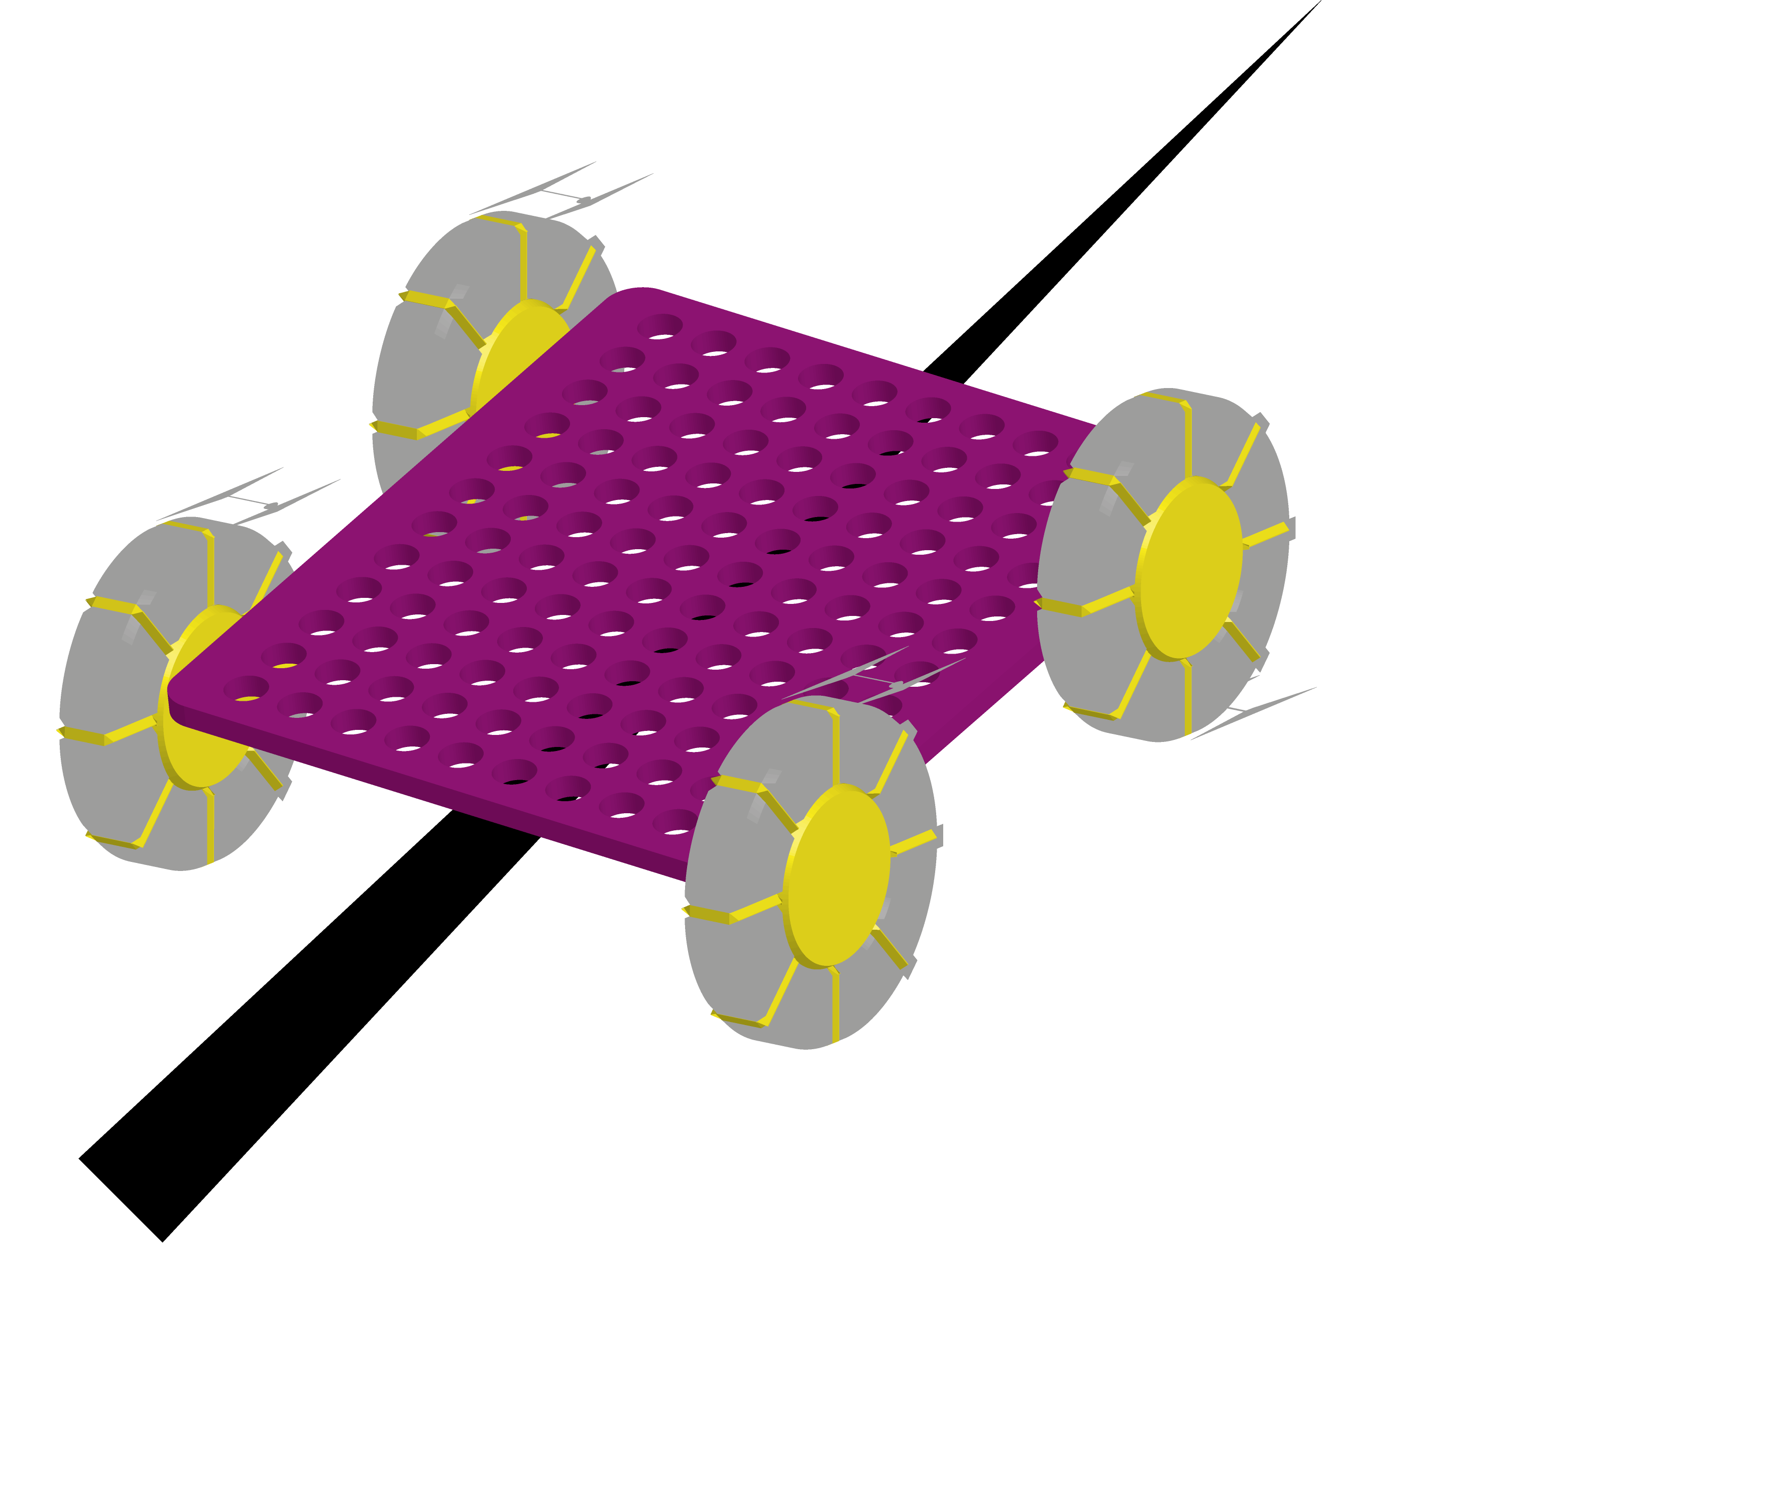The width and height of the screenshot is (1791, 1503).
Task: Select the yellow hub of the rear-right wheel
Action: point(1190,569)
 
